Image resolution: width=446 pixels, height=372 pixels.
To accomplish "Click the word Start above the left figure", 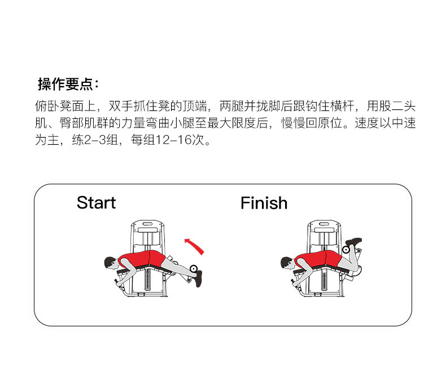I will (x=96, y=203).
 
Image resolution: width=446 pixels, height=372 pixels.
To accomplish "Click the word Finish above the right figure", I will (x=264, y=203).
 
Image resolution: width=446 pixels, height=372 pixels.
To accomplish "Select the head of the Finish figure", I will (x=287, y=262).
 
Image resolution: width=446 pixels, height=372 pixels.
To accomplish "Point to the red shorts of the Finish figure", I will (x=333, y=258).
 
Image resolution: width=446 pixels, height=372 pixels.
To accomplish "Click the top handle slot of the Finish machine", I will (x=324, y=227).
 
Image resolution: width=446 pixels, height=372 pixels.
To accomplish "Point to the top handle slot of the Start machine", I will (x=148, y=227).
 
